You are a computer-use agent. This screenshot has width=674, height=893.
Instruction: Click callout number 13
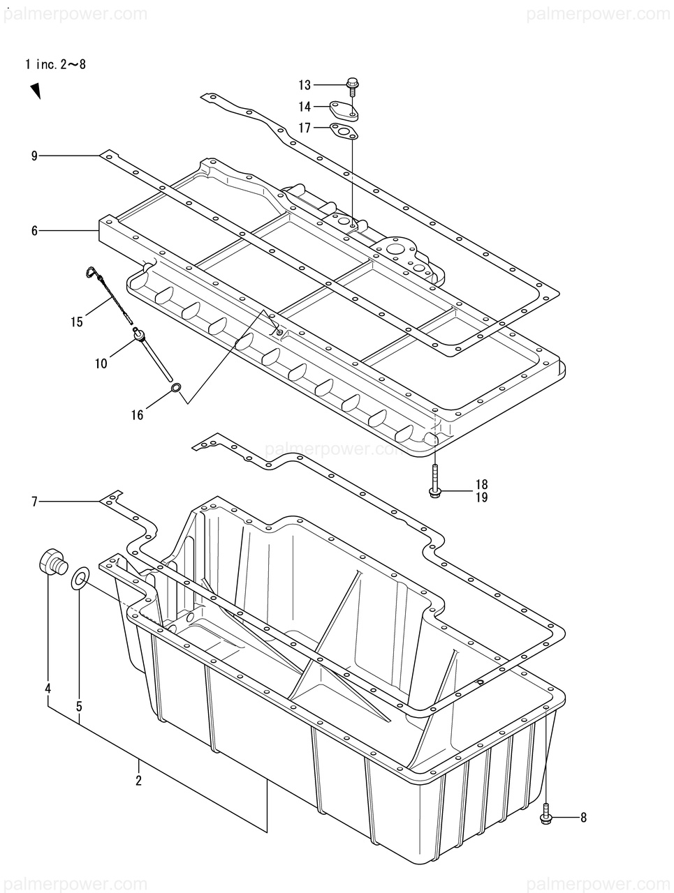(x=305, y=85)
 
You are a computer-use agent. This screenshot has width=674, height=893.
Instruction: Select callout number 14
(x=305, y=107)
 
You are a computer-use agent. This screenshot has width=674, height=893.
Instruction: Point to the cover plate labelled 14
(x=344, y=110)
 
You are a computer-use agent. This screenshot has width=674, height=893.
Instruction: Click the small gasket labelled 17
(x=344, y=130)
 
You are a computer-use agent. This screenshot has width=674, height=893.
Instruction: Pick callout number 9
(x=34, y=156)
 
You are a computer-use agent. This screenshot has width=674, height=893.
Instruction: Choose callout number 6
(x=34, y=230)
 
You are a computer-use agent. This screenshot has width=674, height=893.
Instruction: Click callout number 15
(x=76, y=322)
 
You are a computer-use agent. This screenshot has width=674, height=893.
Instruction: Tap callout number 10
(x=101, y=363)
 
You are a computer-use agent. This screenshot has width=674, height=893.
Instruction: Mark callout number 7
(x=34, y=500)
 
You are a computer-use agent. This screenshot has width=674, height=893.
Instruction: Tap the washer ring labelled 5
(x=80, y=578)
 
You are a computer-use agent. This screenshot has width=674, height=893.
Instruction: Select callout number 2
(x=138, y=781)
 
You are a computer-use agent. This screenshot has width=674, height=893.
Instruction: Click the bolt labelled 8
(x=547, y=816)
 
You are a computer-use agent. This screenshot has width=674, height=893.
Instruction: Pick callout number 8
(x=583, y=818)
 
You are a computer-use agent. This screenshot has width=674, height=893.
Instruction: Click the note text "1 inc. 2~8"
(x=55, y=65)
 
